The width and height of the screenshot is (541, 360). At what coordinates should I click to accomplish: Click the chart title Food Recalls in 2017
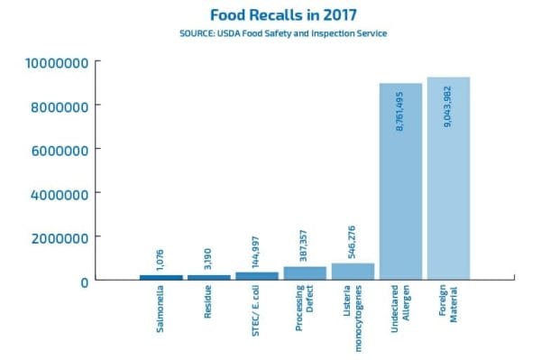tap(270, 15)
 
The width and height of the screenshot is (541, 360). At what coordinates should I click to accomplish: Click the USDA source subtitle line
tap(270, 34)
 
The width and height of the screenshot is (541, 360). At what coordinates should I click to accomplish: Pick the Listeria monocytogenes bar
tap(353, 271)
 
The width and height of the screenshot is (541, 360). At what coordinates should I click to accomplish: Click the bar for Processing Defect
tap(305, 272)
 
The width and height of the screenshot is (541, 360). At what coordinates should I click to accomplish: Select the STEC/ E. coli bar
tap(257, 275)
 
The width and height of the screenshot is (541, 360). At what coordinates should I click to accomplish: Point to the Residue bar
tap(209, 277)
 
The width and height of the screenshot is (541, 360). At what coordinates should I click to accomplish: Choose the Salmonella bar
tap(160, 277)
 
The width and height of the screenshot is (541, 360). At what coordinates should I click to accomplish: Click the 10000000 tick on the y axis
tap(50, 62)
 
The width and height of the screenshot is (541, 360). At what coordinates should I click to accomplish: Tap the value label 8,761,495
tap(400, 114)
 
